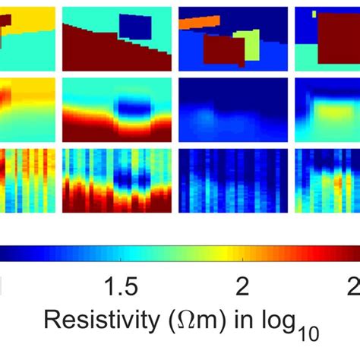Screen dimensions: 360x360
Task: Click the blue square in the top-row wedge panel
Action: click(x=135, y=27)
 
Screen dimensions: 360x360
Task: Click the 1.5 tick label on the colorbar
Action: click(x=121, y=286)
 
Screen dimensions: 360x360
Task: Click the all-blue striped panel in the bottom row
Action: click(x=232, y=181)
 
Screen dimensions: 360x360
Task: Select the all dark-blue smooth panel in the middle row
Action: click(x=232, y=108)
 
